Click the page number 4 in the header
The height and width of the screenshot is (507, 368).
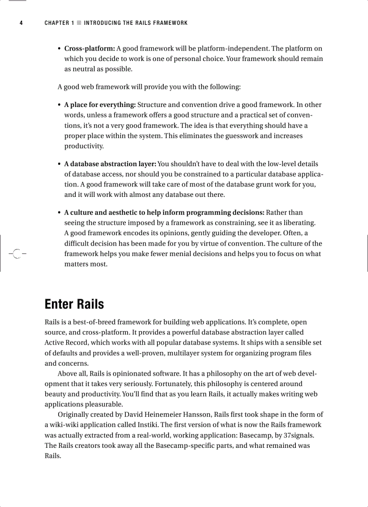pos(21,23)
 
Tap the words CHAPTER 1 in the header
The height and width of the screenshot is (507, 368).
pos(59,23)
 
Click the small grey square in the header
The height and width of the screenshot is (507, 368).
pos(79,23)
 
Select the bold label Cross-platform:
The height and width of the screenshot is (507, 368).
pos(90,48)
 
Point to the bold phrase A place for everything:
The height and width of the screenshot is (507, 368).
pos(100,105)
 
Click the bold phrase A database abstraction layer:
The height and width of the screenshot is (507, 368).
pos(110,164)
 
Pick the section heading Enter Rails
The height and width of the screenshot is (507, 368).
pos(74,304)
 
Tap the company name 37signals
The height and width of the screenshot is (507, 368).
pos(298,435)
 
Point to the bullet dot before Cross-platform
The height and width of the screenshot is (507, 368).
pos(59,49)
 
